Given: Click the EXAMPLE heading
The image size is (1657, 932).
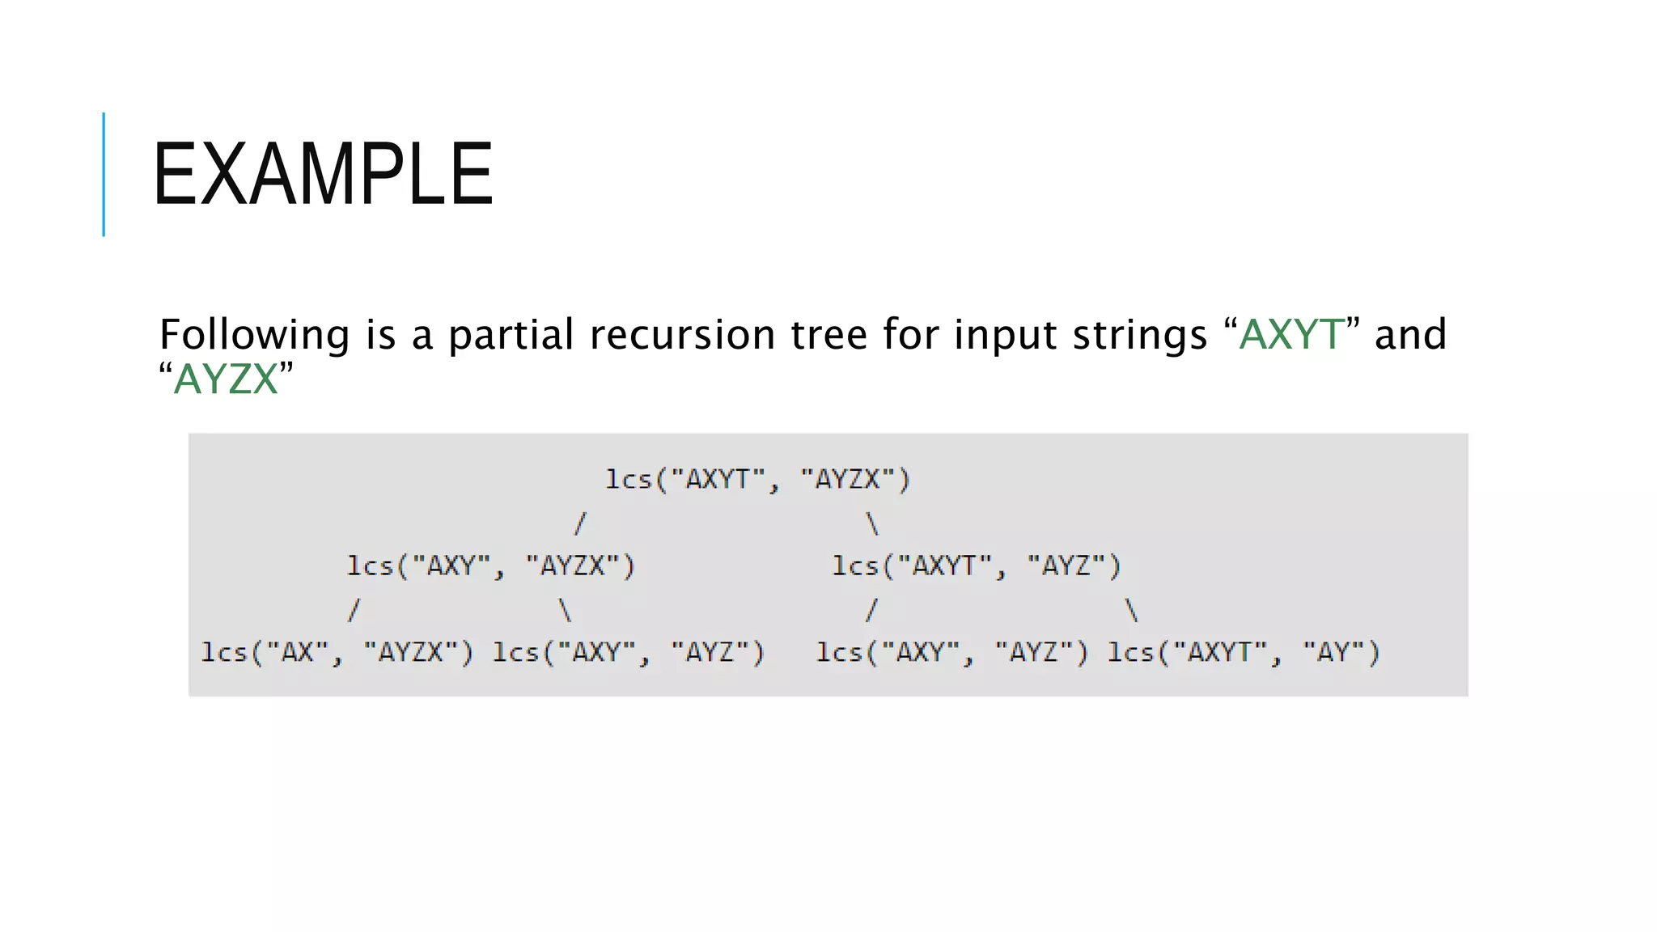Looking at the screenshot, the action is pyautogui.click(x=322, y=174).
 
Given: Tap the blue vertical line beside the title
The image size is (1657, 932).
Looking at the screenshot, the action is pyautogui.click(x=104, y=174).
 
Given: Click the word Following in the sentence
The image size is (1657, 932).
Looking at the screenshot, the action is pyautogui.click(x=254, y=334).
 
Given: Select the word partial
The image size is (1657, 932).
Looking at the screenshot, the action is pyautogui.click(x=511, y=334).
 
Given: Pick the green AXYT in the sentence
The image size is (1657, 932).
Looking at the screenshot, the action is pyautogui.click(x=1291, y=334).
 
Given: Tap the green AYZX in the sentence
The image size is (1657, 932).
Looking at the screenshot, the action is pyautogui.click(x=226, y=379).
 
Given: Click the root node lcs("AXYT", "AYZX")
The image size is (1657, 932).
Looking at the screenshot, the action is pyautogui.click(x=758, y=480).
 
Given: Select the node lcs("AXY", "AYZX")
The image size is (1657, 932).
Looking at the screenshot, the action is pyautogui.click(x=491, y=566).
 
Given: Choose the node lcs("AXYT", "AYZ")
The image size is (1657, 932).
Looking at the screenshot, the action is pyautogui.click(x=977, y=566).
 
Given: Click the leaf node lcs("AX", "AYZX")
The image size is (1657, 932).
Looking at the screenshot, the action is pyautogui.click(x=337, y=651).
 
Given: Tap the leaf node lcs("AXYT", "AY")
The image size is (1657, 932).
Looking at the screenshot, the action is pyautogui.click(x=1244, y=651).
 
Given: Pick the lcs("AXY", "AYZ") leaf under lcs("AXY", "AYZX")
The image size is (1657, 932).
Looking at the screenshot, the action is pyautogui.click(x=629, y=651).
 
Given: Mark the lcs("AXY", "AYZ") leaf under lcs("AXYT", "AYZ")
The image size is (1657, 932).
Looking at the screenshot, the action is pyautogui.click(x=952, y=651).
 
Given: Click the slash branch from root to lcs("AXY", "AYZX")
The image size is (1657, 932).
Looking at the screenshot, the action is pyautogui.click(x=579, y=523).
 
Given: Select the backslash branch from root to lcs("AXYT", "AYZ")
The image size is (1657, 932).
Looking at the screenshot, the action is pyautogui.click(x=872, y=523).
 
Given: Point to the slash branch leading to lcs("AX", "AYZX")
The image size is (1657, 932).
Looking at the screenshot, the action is pyautogui.click(x=353, y=609).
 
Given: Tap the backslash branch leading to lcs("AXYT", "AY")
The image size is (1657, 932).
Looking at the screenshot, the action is pyautogui.click(x=1132, y=609).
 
